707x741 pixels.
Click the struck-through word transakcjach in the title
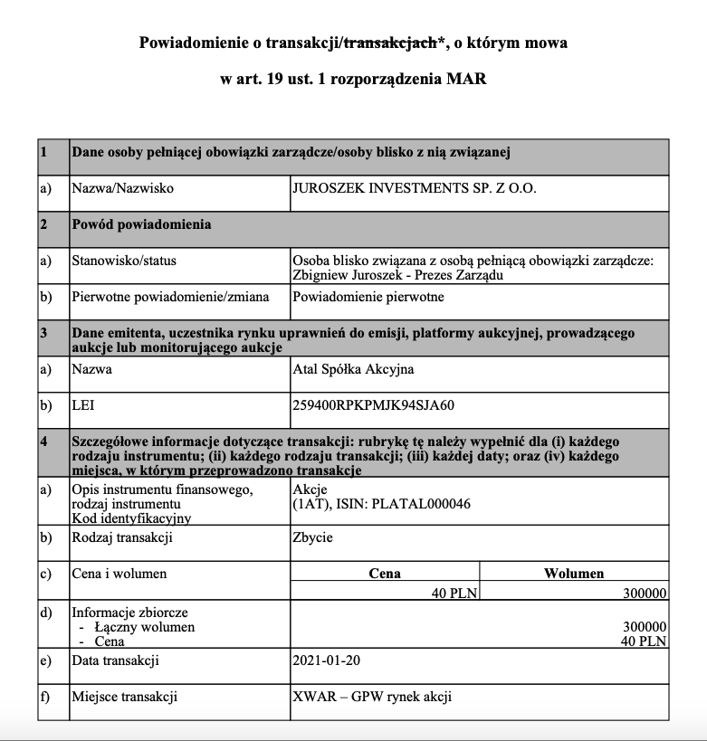388,43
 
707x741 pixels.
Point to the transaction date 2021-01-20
326,660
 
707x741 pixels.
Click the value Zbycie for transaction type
312,537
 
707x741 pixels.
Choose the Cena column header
385,574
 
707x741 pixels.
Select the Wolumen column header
574,574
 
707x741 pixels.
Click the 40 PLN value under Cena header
456,594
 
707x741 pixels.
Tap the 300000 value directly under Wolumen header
645,594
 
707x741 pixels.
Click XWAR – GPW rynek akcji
372,697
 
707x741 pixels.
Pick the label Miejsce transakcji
124,697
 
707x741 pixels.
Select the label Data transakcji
115,660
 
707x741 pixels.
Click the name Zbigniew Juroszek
345,275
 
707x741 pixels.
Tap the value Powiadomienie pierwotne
368,297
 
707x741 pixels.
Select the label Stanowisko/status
124,261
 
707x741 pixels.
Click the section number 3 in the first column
43,333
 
